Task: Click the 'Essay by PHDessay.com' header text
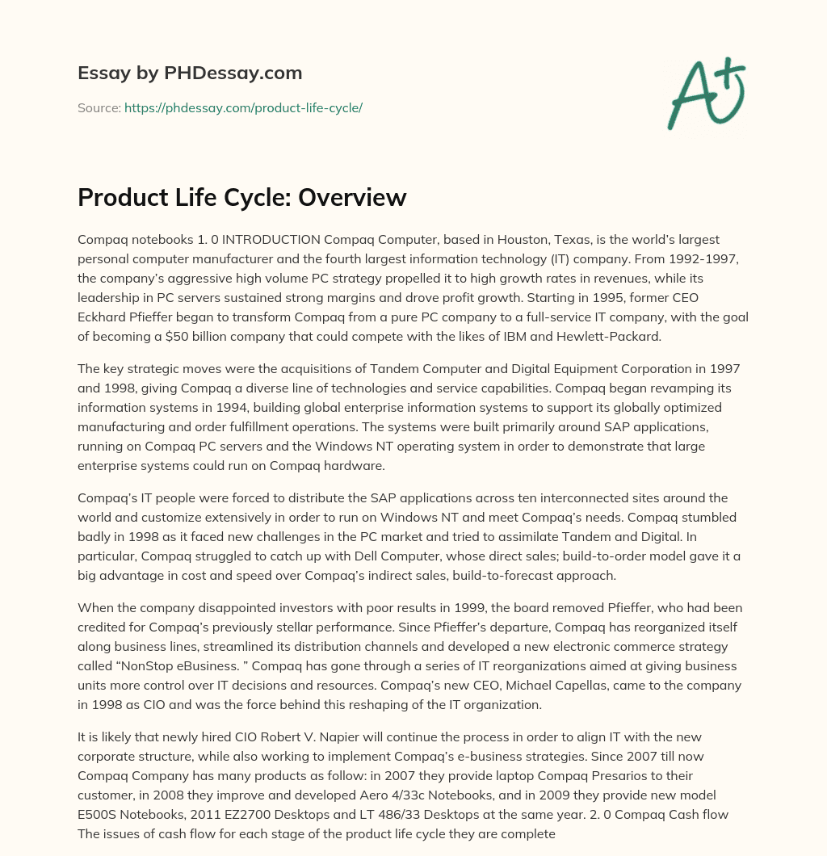(190, 73)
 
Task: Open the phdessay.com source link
(243, 107)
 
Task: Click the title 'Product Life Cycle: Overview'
(241, 198)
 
